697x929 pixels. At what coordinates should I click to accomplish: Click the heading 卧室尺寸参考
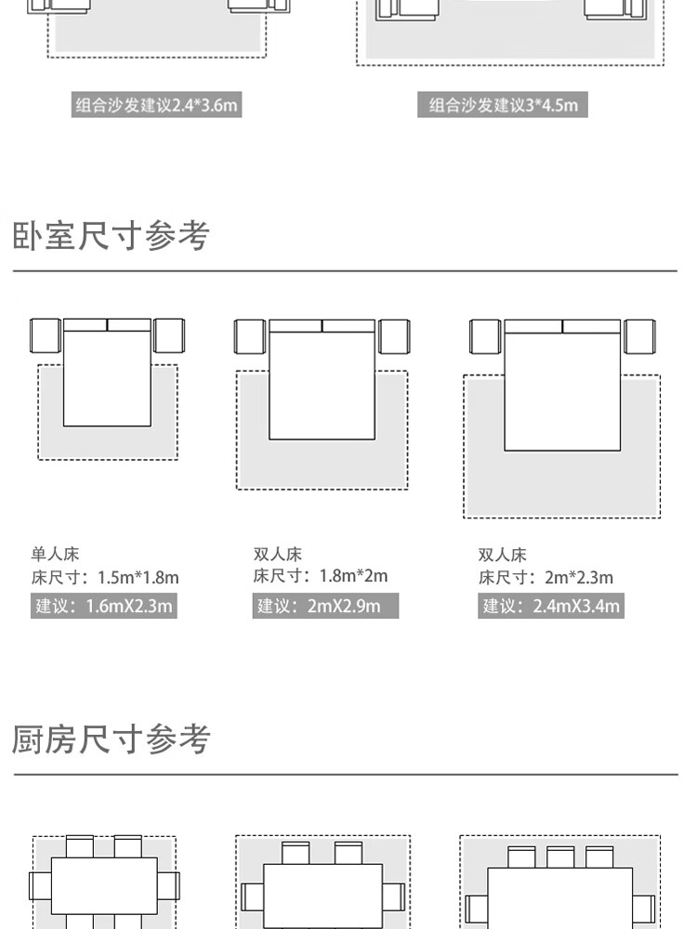click(x=111, y=236)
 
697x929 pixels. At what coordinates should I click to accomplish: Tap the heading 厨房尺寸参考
click(x=111, y=739)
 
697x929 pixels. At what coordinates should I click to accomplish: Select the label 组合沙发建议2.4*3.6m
click(x=156, y=105)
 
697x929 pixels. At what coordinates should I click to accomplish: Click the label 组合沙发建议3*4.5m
click(x=503, y=105)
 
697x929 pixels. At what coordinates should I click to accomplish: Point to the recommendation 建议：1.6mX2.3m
click(x=103, y=607)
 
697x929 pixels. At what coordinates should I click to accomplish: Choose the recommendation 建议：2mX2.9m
click(x=325, y=607)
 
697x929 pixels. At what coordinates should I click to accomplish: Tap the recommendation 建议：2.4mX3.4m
click(x=551, y=607)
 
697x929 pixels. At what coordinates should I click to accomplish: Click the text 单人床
click(x=48, y=555)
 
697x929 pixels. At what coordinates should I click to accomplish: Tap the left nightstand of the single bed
click(x=45, y=335)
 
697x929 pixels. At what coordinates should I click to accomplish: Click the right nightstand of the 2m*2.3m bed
click(x=638, y=336)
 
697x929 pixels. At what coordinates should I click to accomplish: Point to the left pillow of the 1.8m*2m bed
click(x=296, y=326)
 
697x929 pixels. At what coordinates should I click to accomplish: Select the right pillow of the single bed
click(x=129, y=325)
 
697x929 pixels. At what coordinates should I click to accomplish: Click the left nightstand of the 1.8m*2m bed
click(x=249, y=336)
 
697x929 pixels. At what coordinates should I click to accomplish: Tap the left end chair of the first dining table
click(x=40, y=885)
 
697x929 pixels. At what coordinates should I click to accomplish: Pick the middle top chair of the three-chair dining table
click(x=560, y=857)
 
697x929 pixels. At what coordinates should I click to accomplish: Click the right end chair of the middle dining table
click(x=394, y=897)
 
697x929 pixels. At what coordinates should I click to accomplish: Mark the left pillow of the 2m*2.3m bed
click(x=533, y=326)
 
